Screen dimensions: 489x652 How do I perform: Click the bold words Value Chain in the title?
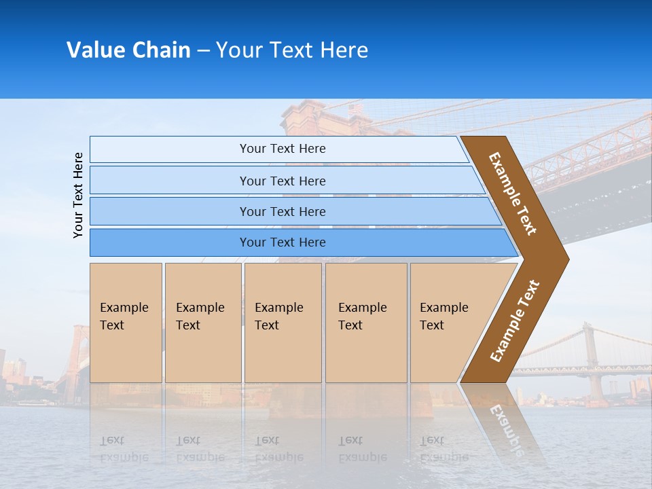tap(128, 50)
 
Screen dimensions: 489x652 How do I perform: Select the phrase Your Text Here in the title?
tap(292, 50)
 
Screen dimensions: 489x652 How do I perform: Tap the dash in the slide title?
tap(203, 51)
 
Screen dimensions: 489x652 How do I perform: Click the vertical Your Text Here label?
tap(78, 195)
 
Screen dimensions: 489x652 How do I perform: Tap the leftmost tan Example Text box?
tap(126, 323)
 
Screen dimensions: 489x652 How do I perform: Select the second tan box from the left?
tap(203, 323)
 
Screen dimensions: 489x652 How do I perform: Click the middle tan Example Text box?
tap(283, 323)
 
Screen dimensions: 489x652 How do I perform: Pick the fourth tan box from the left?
tap(366, 323)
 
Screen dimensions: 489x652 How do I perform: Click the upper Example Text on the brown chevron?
tap(513, 194)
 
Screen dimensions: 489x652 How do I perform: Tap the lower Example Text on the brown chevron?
tap(515, 321)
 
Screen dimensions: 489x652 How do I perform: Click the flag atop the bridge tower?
tap(355, 108)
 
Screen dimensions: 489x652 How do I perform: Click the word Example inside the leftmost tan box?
tap(124, 308)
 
